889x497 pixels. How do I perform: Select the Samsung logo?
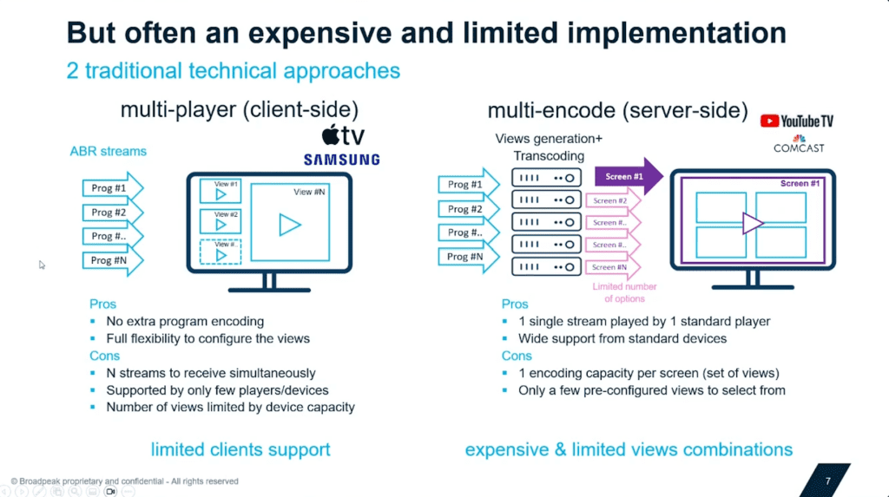pyautogui.click(x=341, y=160)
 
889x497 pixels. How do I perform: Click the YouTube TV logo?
pyautogui.click(x=796, y=121)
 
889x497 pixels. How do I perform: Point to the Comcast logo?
pyautogui.click(x=798, y=144)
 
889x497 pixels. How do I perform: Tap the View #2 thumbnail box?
pyautogui.click(x=221, y=220)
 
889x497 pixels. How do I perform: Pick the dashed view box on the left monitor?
pyautogui.click(x=221, y=252)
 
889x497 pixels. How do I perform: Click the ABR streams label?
pyautogui.click(x=109, y=151)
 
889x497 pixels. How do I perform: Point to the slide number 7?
pyautogui.click(x=827, y=480)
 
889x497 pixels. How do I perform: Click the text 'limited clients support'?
pyautogui.click(x=240, y=449)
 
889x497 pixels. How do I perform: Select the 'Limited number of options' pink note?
pyautogui.click(x=624, y=292)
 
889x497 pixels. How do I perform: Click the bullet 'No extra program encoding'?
pyautogui.click(x=185, y=321)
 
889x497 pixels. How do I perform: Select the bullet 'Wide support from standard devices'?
pyautogui.click(x=622, y=338)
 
